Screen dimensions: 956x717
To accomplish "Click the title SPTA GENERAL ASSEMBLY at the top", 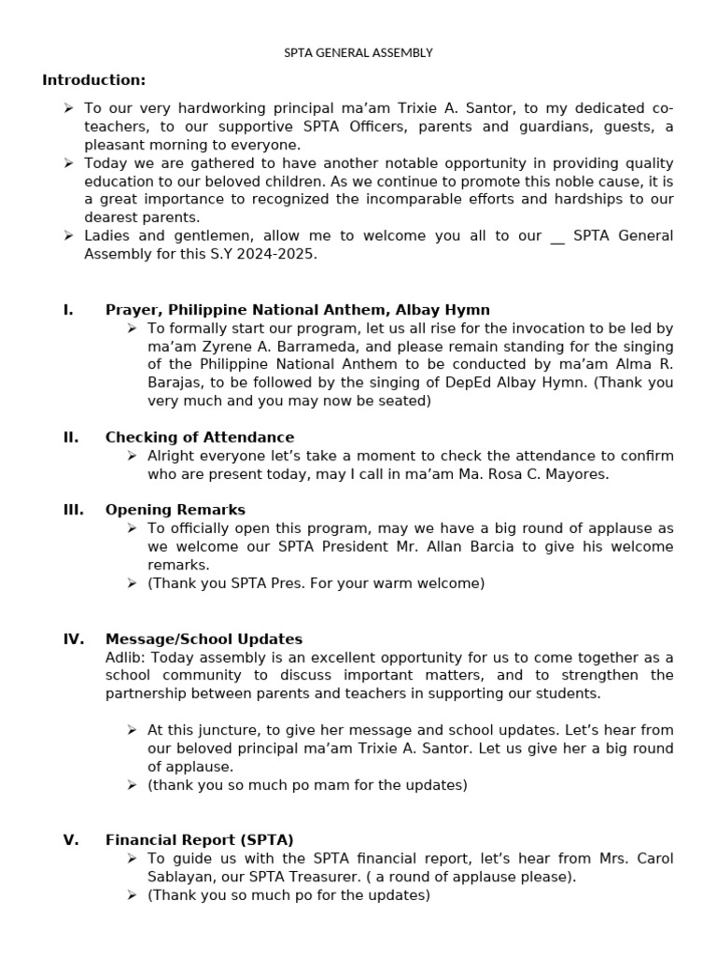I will tap(358, 53).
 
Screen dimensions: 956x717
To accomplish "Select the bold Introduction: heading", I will tap(93, 80).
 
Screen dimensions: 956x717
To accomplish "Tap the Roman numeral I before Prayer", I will tap(68, 310).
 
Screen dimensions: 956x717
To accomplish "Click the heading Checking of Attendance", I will tap(199, 437).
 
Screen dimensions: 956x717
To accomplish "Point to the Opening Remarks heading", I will tap(176, 510).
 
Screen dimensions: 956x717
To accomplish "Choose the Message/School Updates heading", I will tap(204, 640).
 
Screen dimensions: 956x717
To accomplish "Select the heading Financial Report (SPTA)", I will tap(200, 840).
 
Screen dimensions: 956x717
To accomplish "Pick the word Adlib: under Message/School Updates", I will tap(125, 657).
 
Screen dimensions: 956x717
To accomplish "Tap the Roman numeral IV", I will tap(73, 640).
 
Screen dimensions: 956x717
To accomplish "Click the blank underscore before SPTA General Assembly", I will tap(557, 236).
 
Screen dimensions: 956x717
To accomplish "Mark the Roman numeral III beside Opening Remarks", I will tap(72, 510).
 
